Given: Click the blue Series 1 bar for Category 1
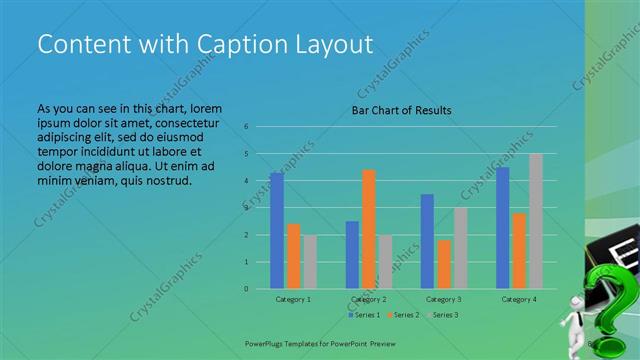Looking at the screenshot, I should coord(276,231).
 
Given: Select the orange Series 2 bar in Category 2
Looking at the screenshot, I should coord(368,229).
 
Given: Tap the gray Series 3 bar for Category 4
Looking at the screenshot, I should coord(536,221).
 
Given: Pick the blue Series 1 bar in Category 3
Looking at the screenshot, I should coord(427,241).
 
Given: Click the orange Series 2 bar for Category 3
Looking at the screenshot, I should coord(443,264).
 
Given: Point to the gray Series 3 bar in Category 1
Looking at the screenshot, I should coord(310,262).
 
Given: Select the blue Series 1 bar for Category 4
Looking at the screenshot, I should coord(502,228).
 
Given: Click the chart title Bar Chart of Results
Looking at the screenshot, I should coord(401,110).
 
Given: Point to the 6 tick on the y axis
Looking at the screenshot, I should coord(246,127).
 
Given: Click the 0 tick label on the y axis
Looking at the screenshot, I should coord(246,289).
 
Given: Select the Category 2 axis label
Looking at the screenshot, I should coord(368,299).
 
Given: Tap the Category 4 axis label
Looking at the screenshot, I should coord(519,299).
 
